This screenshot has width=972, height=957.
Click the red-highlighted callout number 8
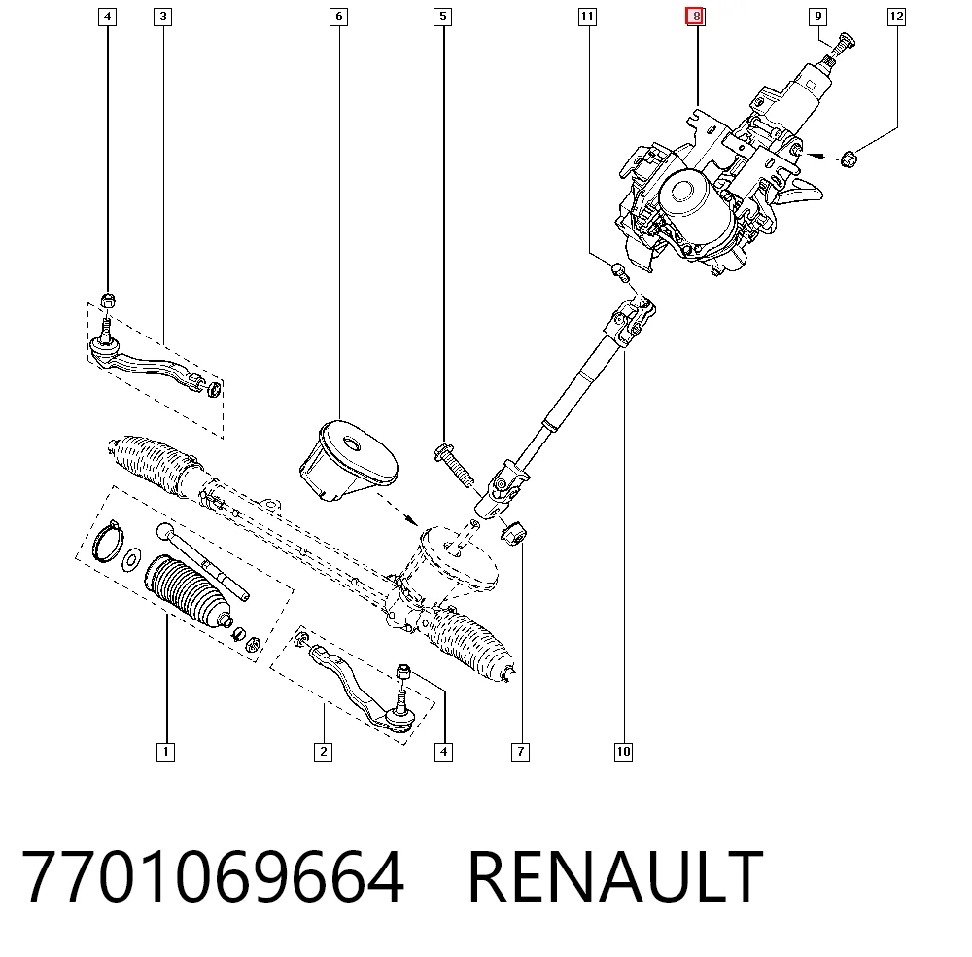(695, 17)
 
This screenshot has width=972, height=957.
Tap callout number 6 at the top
(338, 17)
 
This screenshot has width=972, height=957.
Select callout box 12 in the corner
(896, 17)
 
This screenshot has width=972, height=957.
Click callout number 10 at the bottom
(623, 752)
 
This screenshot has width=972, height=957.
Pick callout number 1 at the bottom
(165, 752)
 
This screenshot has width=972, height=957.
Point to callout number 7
(520, 752)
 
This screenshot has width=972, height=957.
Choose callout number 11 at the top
(587, 17)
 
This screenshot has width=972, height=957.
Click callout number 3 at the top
(163, 17)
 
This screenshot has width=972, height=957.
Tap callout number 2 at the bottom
(323, 752)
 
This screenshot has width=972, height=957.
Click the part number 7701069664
(213, 876)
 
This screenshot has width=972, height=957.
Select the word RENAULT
(615, 876)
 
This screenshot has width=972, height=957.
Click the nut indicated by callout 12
(849, 159)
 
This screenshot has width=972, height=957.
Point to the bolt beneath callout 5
(454, 465)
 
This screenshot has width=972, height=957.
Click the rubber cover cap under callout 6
(348, 460)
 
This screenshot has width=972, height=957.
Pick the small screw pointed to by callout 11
(620, 272)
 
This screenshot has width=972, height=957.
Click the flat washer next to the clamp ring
(131, 559)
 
